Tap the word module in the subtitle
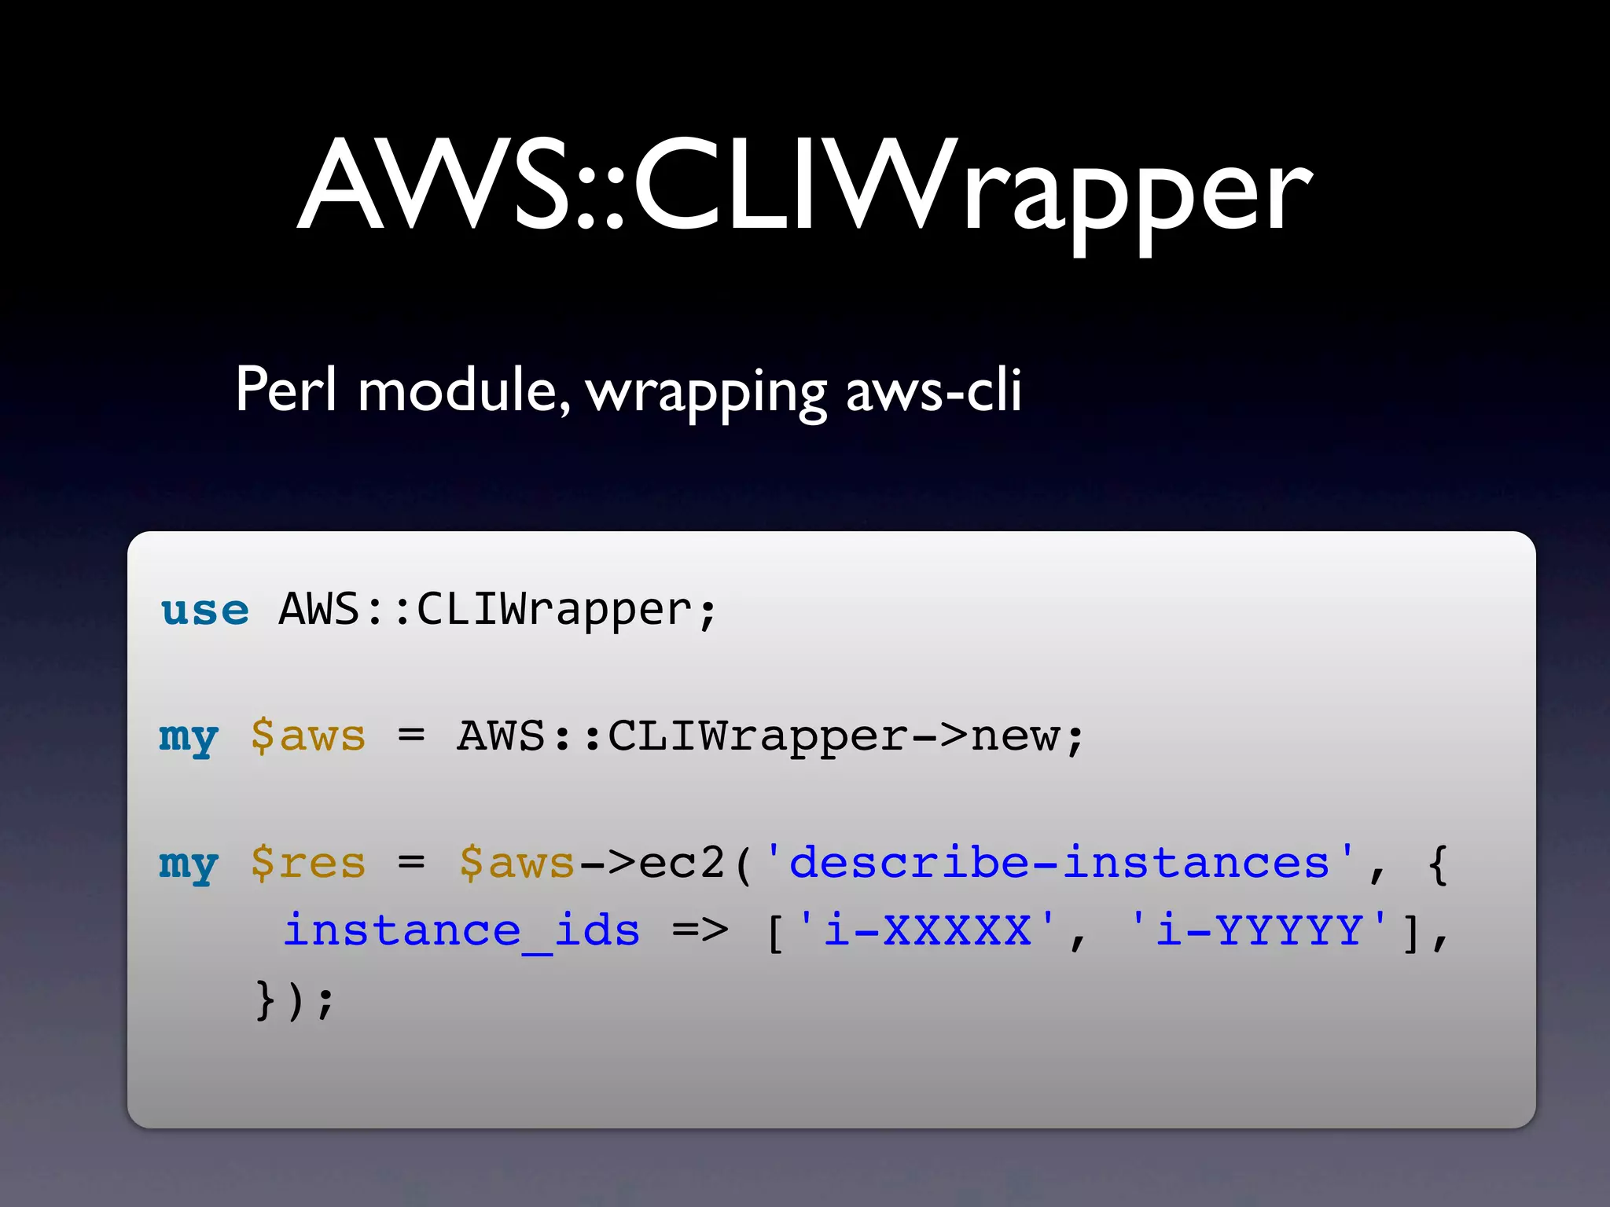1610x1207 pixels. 464,390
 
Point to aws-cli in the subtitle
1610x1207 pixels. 933,390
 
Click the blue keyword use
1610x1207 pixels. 204,611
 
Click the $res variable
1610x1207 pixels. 308,864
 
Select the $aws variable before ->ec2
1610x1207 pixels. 516,864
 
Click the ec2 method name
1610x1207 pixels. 681,864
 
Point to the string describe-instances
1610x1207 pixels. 1059,862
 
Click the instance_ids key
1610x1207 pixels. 461,932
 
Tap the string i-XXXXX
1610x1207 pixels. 926,930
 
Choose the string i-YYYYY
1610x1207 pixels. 1259,930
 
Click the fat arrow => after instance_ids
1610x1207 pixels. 700,932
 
